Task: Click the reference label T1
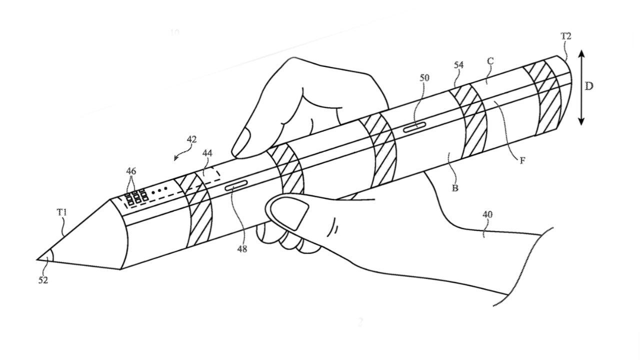61,212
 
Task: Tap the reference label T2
566,36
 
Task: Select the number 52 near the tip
43,280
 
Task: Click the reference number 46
131,171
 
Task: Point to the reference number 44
207,153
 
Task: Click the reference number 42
191,139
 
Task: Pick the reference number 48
242,248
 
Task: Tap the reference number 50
424,78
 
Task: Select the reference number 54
459,65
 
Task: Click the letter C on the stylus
490,61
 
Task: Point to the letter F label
522,160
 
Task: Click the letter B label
455,188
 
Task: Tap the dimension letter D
589,86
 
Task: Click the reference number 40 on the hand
487,214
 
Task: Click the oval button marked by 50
414,128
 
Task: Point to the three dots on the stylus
159,189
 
